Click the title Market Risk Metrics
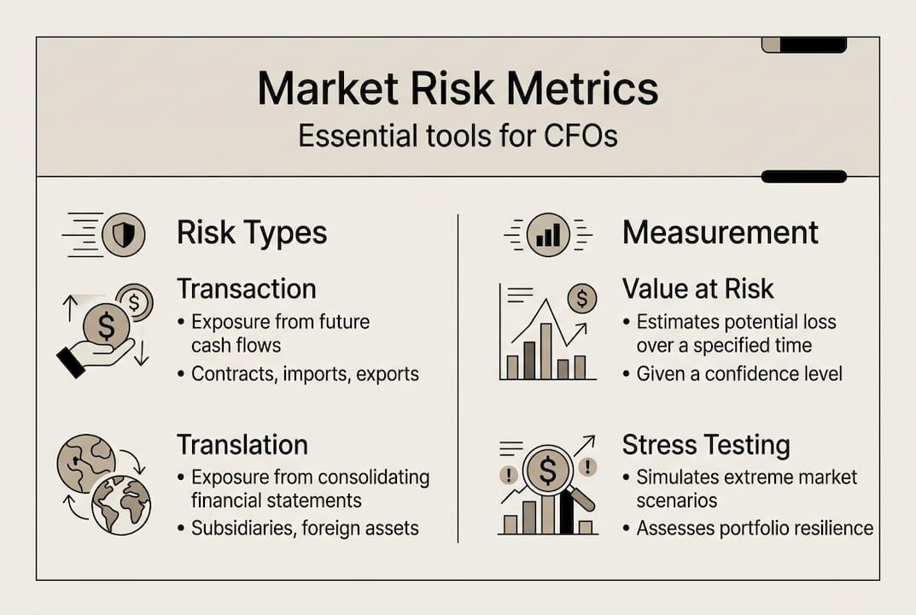tap(458, 88)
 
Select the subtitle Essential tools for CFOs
tap(458, 136)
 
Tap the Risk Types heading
tap(252, 233)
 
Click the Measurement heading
tap(720, 232)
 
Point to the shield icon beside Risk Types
tap(124, 234)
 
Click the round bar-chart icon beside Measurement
tap(548, 234)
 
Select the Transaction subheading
tap(246, 289)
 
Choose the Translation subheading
tap(242, 445)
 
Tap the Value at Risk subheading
tap(697, 289)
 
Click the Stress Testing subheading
tap(705, 445)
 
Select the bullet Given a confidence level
tap(739, 373)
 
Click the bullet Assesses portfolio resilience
tap(755, 528)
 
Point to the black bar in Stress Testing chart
tap(566, 512)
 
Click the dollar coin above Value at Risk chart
tap(581, 298)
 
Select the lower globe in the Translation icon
tap(120, 505)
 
